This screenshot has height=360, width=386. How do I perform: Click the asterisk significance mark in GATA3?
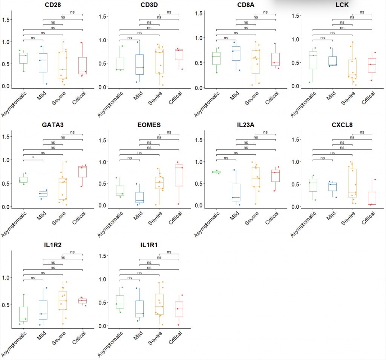pos(33,157)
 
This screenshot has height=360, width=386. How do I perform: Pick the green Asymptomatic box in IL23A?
pos(216,172)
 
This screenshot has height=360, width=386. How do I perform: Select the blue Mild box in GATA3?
pos(43,194)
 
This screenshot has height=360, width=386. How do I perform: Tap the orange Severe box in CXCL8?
pos(352,183)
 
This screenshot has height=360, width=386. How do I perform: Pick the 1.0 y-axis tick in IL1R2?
pos(6,278)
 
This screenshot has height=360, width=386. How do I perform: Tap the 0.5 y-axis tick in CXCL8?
pos(296,184)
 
